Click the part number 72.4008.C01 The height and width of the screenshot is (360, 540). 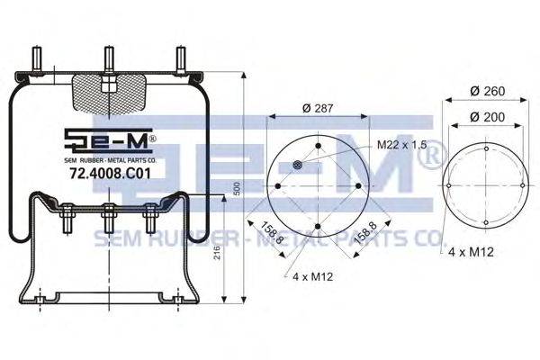point(110,174)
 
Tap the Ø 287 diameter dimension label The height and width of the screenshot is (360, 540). point(318,108)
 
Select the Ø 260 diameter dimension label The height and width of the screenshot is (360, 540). point(488,91)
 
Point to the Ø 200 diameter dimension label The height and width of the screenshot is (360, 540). point(487,117)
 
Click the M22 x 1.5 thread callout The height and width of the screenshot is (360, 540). point(402,144)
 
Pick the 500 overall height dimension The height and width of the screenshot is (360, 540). point(237,189)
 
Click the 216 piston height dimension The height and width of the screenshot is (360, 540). point(217,253)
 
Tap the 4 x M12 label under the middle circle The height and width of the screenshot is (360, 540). point(313,276)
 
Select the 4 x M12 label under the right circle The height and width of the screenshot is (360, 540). point(471,252)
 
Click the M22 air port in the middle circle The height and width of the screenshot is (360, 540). point(297,165)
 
